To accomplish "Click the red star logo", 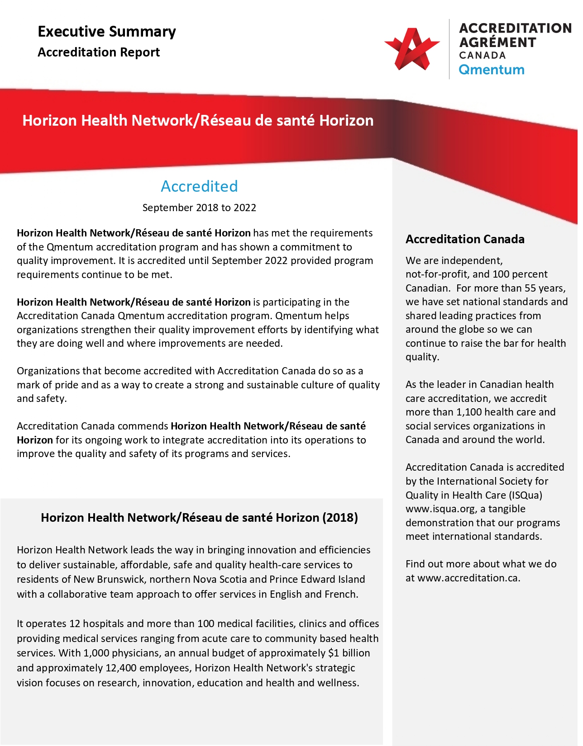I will (x=411, y=49).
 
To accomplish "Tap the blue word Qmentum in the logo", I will (x=491, y=70).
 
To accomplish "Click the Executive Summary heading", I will (x=107, y=32).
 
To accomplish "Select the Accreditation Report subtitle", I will (x=99, y=52).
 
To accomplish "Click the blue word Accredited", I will (x=199, y=186).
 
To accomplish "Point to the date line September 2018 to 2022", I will (x=199, y=208).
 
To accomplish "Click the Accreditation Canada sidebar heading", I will (x=465, y=239).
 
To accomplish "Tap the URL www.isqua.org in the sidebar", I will (x=440, y=509).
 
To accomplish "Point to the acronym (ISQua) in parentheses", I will (x=526, y=495).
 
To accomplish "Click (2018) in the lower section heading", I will (x=340, y=518).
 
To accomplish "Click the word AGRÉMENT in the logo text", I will (x=497, y=42).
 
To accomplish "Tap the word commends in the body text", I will (x=147, y=426).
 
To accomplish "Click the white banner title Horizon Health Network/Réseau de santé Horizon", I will (x=198, y=121).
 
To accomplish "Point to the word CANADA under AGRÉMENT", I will (x=482, y=56).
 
